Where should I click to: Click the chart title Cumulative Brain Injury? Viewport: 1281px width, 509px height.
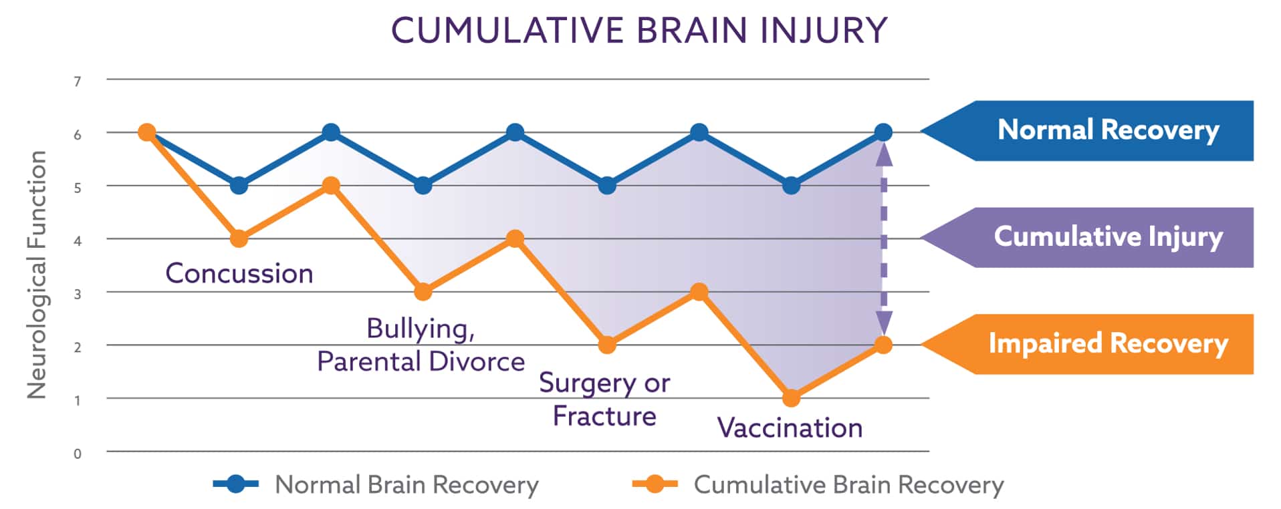click(x=639, y=30)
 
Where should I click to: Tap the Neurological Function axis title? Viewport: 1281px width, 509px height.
click(x=37, y=275)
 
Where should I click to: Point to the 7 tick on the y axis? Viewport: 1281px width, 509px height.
click(x=78, y=81)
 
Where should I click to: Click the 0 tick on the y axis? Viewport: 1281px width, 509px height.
click(x=78, y=454)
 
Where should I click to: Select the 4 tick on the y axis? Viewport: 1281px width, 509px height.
click(x=78, y=240)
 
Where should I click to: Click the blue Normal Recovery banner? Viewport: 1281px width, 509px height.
click(x=1087, y=131)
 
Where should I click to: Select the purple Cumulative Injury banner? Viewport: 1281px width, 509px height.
click(x=1087, y=238)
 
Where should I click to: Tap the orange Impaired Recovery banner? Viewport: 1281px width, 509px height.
click(x=1087, y=344)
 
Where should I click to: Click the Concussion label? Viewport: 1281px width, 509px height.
click(x=239, y=273)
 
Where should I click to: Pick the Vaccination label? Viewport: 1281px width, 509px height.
click(x=790, y=428)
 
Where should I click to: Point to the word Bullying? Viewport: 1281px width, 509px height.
click(x=421, y=329)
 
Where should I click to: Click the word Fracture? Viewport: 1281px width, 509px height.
click(x=604, y=416)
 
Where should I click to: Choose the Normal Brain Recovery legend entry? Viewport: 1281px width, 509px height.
click(x=376, y=484)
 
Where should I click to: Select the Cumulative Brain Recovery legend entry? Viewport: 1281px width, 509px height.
click(x=818, y=484)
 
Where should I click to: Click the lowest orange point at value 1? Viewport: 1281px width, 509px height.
click(x=791, y=398)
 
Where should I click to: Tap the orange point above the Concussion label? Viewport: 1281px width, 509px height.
click(x=239, y=238)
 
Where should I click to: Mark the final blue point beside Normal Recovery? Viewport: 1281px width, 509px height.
click(x=883, y=132)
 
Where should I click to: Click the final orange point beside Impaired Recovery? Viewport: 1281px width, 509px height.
click(x=883, y=345)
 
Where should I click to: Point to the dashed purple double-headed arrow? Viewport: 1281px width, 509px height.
click(x=884, y=238)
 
